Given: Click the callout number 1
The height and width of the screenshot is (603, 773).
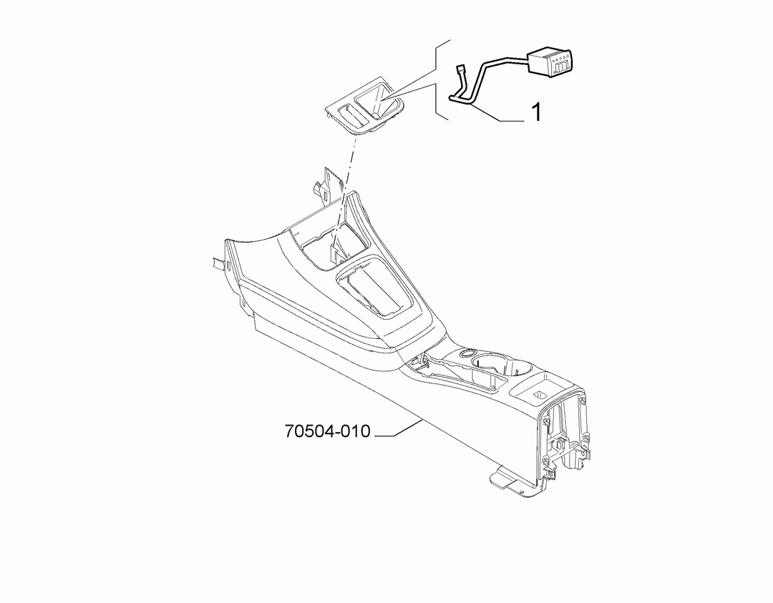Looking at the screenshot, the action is point(536,112).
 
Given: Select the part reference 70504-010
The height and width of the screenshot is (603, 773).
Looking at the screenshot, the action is point(327,431).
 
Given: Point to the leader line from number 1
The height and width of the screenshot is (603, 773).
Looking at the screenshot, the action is point(496,113).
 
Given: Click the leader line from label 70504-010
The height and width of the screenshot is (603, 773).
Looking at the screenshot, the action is point(399,428).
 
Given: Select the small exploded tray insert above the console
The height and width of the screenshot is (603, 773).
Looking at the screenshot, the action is point(366,105).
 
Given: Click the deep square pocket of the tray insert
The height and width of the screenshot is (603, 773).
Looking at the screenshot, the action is point(378,101).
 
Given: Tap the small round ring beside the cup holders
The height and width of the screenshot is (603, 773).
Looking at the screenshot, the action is point(467,352).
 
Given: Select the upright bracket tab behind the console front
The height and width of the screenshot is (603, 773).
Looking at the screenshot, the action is point(325,187).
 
